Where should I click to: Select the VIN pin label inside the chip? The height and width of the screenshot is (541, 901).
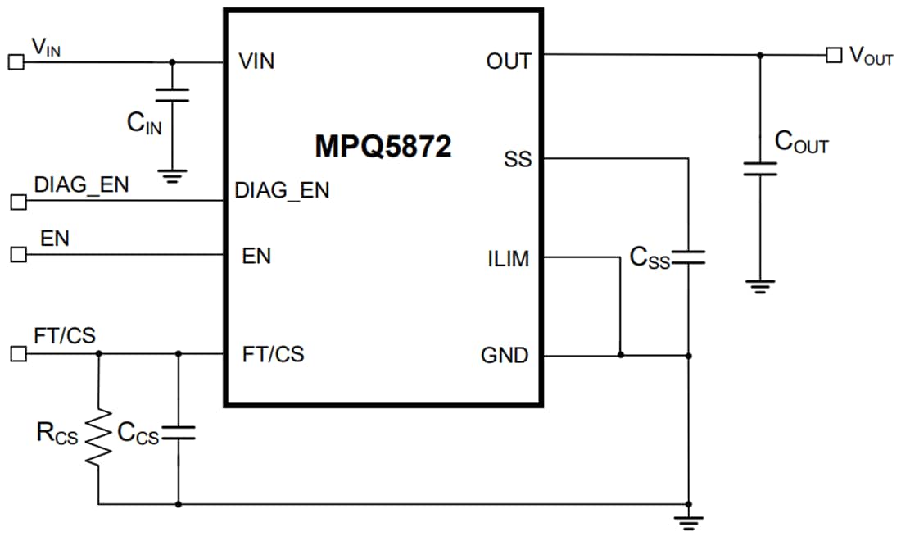coord(256,61)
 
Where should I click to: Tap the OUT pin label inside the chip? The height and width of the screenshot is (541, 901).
coord(508,61)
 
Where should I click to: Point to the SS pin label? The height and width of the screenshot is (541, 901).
coord(518,159)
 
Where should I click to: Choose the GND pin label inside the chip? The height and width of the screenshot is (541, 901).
coord(505,356)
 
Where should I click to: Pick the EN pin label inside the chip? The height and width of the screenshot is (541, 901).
coord(256,257)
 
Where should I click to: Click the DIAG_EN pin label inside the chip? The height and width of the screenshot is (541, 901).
coord(282,191)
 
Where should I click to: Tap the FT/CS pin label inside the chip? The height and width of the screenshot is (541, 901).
coord(273,355)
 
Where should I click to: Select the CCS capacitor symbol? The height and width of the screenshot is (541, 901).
coord(179,434)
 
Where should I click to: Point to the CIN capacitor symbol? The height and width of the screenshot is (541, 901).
coord(172,95)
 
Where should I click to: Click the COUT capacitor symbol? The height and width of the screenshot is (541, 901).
coord(760,169)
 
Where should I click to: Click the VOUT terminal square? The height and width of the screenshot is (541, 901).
coord(833,55)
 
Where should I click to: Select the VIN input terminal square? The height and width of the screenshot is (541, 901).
coord(15,61)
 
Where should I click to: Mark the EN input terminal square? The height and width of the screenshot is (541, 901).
coord(18,255)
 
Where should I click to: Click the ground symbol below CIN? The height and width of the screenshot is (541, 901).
coord(172,175)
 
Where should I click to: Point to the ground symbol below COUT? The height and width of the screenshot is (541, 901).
coord(760,287)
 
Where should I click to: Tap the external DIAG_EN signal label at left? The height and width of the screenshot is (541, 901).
coord(81,185)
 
